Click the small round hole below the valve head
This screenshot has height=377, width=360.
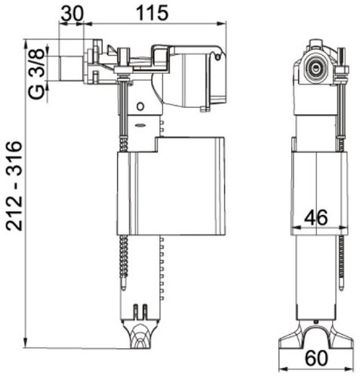pos(141,103)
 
